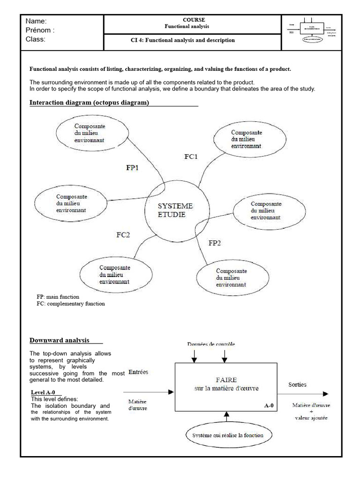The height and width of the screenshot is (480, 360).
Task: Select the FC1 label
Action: coord(191,157)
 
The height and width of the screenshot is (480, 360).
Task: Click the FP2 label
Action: coord(215,243)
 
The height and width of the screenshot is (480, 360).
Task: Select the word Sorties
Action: coord(298,385)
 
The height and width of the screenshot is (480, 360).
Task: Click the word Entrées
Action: coord(138,372)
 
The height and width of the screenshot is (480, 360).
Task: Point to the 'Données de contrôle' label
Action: coord(211,344)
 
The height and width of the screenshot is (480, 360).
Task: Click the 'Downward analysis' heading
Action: coord(60,340)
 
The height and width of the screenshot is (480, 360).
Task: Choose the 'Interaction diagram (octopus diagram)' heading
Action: coord(90,103)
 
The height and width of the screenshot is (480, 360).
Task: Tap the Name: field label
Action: coord(37,22)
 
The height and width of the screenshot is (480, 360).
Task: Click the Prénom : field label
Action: coord(40,30)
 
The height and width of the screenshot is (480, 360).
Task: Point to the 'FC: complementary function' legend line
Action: coord(71,304)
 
